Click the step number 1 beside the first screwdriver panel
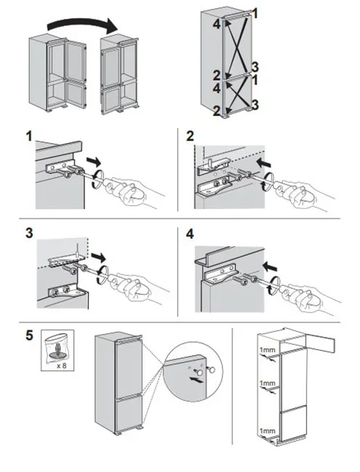point(29,137)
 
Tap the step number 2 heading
point(190,136)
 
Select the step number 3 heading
point(29,233)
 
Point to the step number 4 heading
point(190,234)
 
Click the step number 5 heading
point(29,335)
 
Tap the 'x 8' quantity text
point(62,366)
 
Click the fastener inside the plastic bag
point(57,351)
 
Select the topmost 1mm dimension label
point(267,350)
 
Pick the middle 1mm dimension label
point(267,383)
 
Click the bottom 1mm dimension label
point(267,431)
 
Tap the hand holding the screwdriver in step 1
point(135,192)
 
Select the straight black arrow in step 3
point(98,257)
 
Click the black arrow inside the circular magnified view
point(195,380)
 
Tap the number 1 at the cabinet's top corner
point(255,14)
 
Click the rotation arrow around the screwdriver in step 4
point(274,285)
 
